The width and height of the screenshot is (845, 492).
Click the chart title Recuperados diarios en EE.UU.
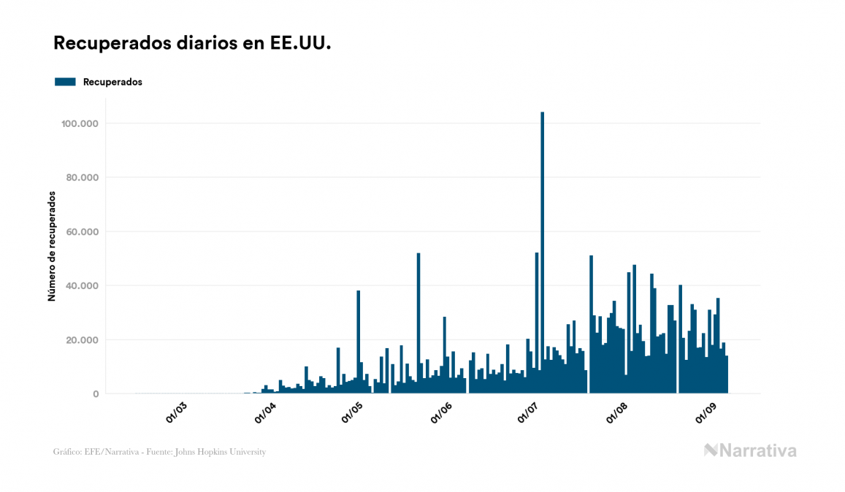[x=193, y=44]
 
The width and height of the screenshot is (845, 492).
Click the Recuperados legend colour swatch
[x=65, y=82]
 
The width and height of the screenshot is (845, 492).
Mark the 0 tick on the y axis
[x=96, y=393]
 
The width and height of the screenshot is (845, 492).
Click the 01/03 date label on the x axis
[x=177, y=413]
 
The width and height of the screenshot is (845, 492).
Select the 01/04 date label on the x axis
[x=265, y=413]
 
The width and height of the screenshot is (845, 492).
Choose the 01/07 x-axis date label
[x=528, y=413]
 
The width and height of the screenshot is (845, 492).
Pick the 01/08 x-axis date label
[x=617, y=413]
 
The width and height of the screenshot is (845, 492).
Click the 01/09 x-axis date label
[x=706, y=413]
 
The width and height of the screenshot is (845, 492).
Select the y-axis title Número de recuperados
[x=52, y=246]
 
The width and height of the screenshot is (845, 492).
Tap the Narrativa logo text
[x=757, y=450]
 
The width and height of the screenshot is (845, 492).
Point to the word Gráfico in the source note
[x=67, y=452]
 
